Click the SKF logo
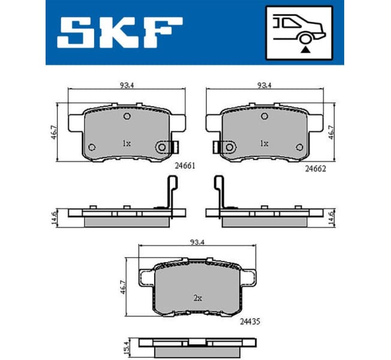click(119, 32)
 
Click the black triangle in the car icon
click(305, 51)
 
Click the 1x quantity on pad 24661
click(127, 143)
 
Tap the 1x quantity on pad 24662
click(264, 143)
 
